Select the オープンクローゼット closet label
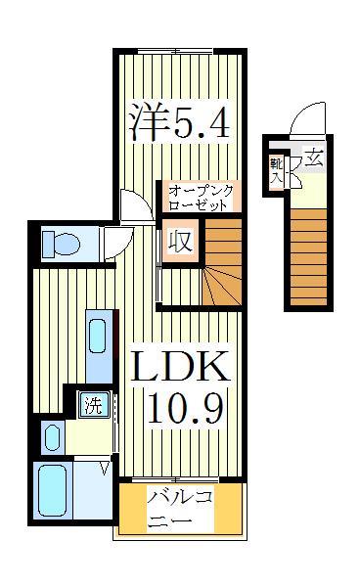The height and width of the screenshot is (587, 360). point(199,198)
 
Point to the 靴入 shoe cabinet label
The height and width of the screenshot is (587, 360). point(277,169)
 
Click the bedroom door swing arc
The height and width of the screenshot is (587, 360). point(133,204)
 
